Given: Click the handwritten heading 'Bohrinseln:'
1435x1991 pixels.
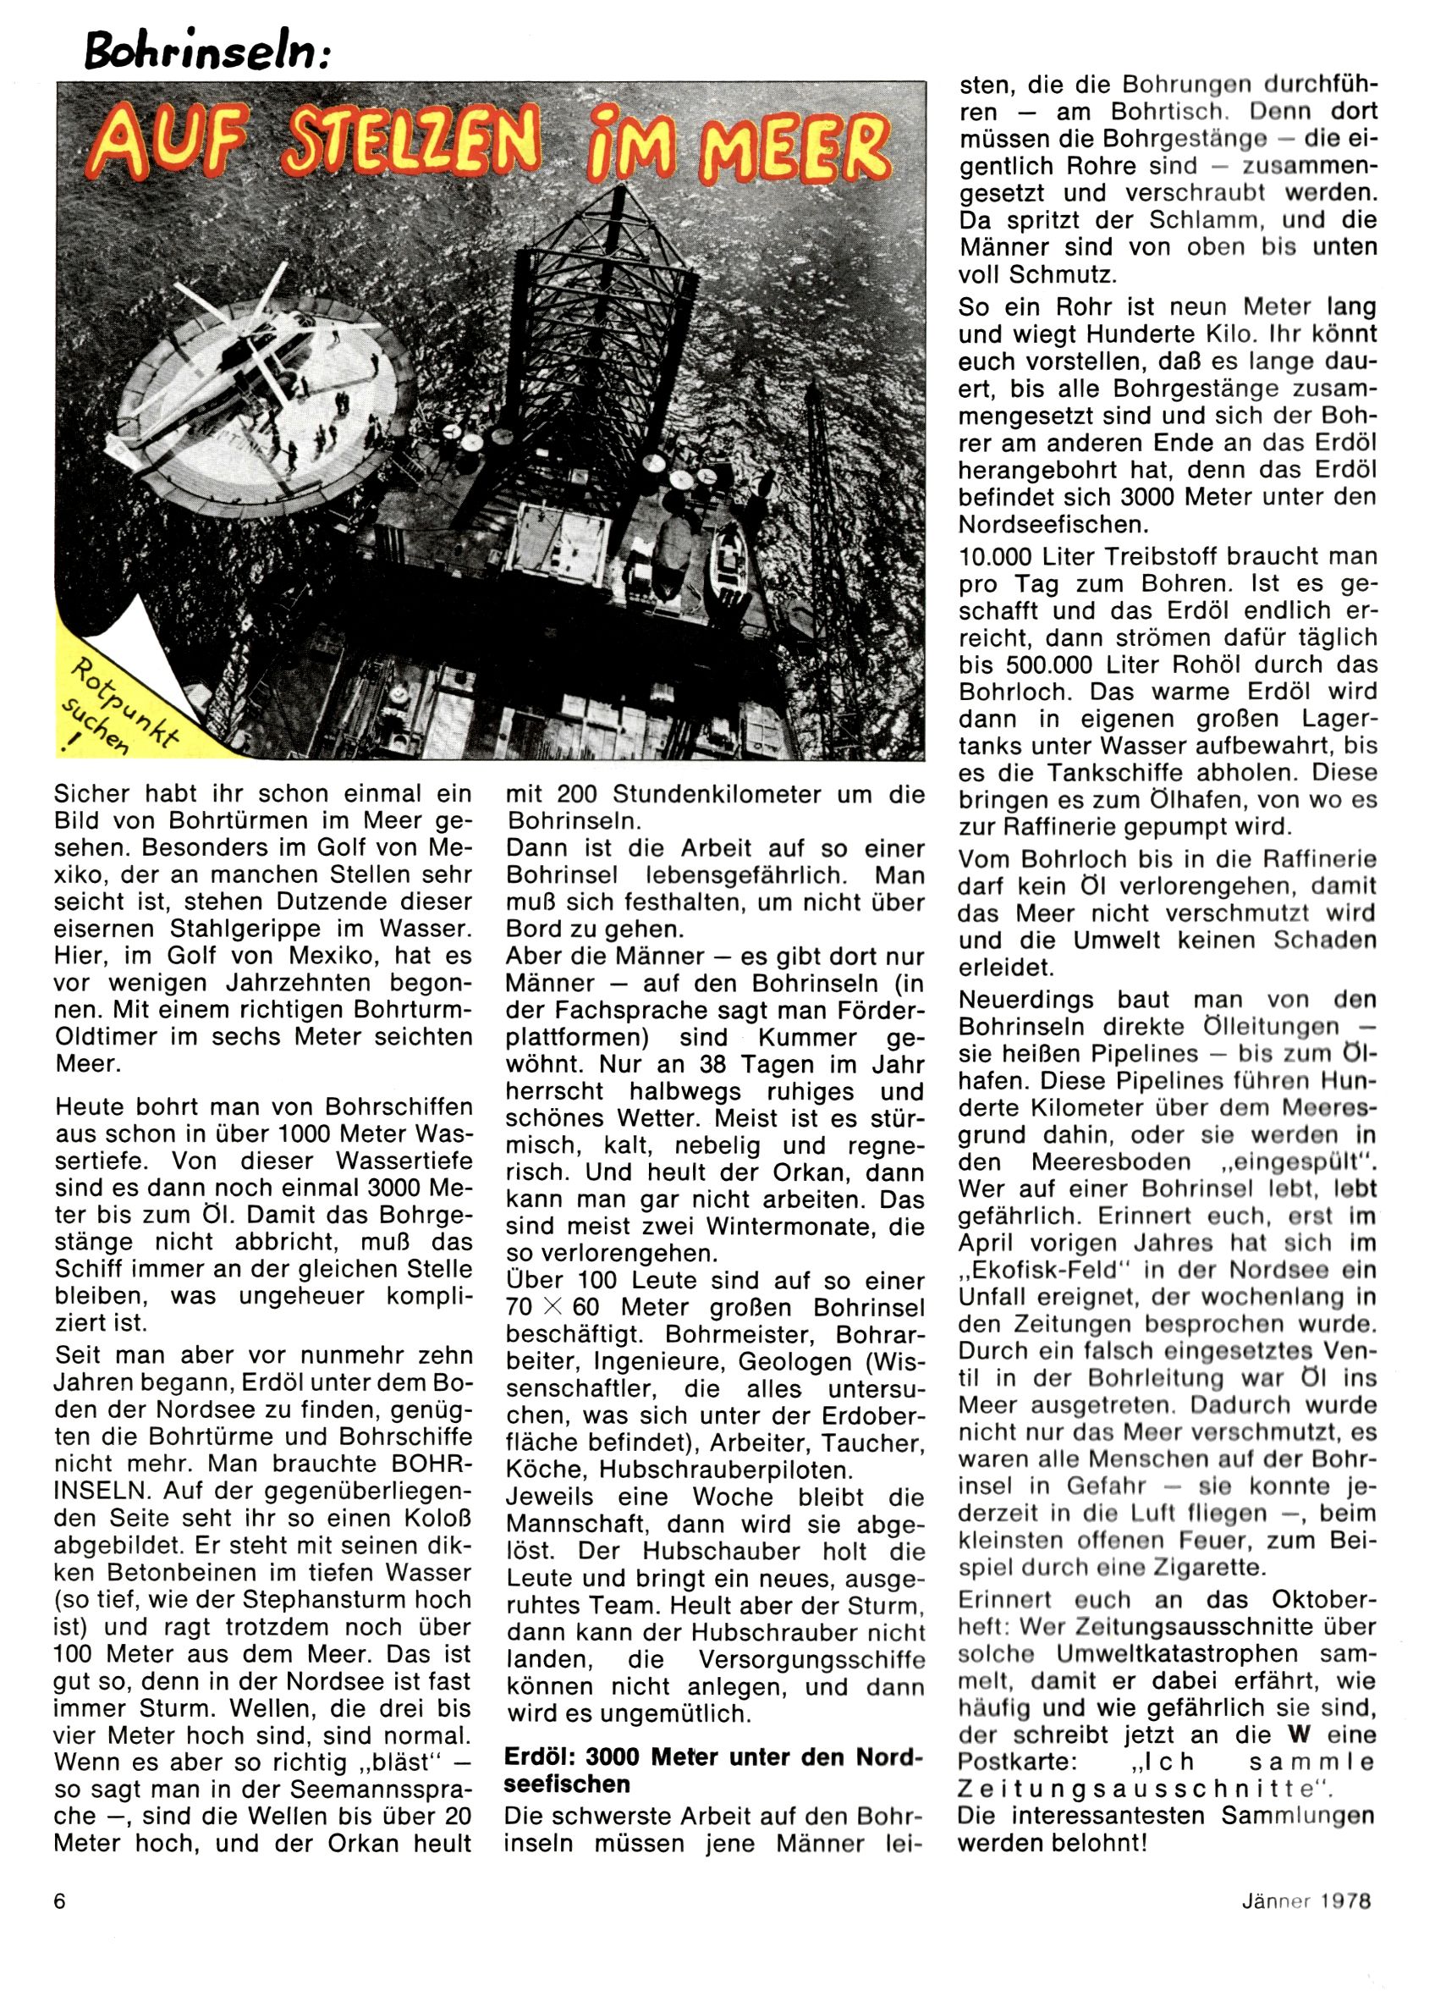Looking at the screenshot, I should click(x=208, y=52).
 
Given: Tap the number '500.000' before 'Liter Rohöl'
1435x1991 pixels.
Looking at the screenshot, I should click(x=1058, y=665).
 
